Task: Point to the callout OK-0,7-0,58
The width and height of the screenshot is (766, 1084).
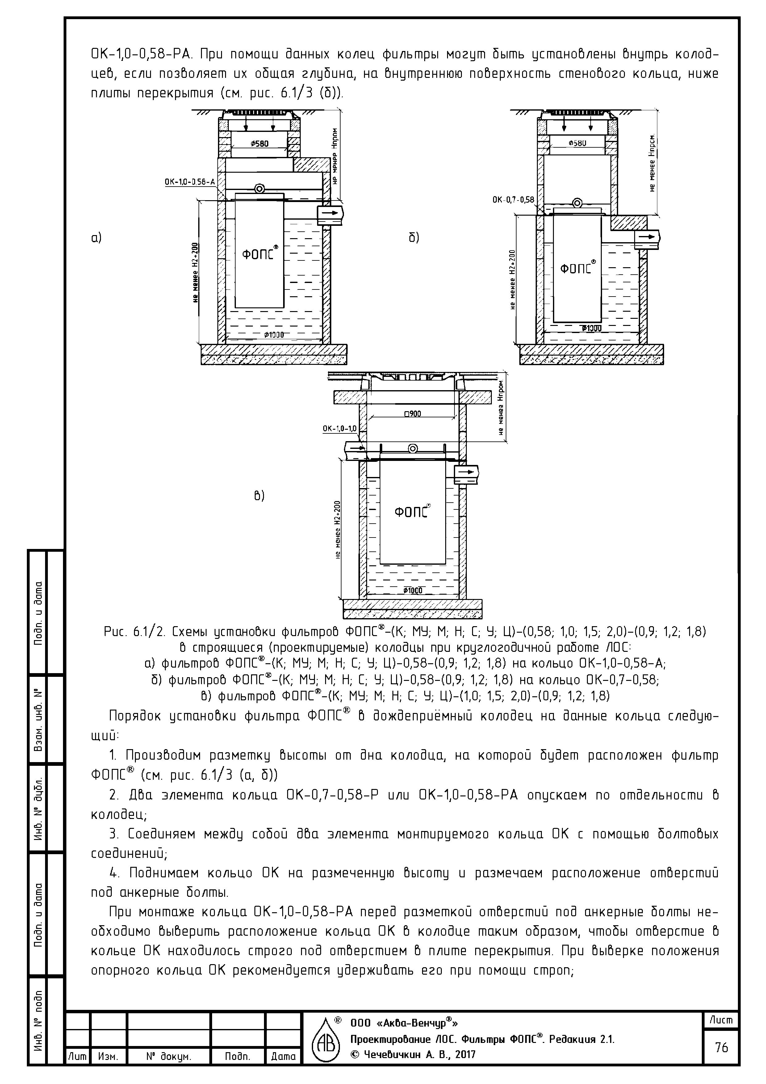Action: (513, 200)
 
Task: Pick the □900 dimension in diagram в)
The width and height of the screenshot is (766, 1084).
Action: (412, 414)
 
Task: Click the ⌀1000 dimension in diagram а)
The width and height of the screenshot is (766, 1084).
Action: (274, 335)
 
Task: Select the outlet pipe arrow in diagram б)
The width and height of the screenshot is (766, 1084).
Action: (648, 236)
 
